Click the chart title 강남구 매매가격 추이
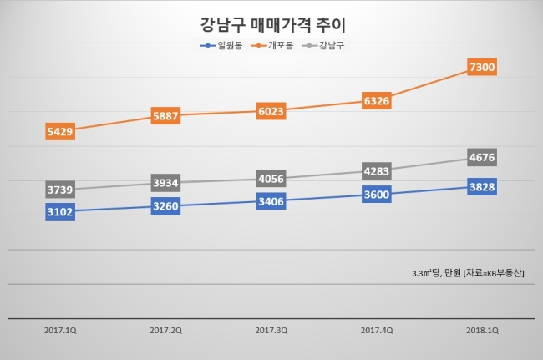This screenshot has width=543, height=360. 273,24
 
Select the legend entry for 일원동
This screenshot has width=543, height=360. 221,45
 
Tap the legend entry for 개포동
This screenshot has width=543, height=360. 272,45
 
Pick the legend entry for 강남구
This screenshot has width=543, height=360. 323,45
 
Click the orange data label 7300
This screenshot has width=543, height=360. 482,67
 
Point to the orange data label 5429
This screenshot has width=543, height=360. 60,131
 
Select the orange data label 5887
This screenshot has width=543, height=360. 165,115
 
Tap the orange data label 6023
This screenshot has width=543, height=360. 271,111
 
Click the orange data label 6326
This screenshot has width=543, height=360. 377,101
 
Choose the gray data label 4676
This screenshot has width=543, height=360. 482,157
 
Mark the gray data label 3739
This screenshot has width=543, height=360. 60,190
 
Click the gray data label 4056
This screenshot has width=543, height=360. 271,179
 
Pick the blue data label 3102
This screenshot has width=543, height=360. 60,211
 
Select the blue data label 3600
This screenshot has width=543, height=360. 377,194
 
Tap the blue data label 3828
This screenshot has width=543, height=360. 482,186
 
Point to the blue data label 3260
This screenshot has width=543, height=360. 165,206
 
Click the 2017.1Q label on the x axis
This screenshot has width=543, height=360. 60,331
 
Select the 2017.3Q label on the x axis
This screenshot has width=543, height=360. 271,331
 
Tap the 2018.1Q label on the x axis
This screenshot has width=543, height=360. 482,331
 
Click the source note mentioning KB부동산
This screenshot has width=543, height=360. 468,273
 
